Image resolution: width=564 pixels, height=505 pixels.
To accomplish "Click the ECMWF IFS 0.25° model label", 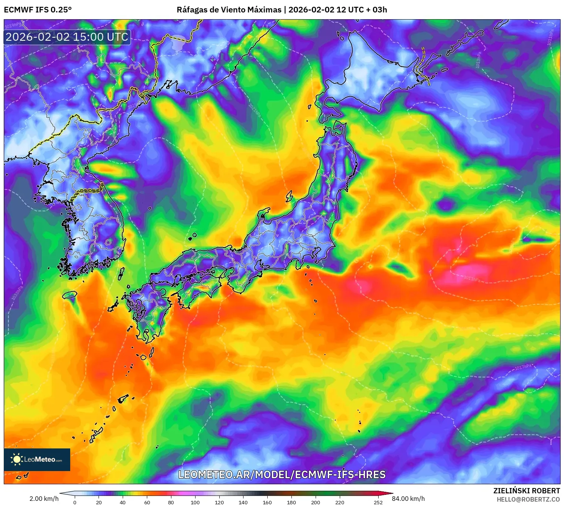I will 38,10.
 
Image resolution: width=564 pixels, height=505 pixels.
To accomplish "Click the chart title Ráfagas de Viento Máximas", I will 229,10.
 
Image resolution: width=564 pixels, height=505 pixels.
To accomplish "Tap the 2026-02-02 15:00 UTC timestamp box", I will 67,37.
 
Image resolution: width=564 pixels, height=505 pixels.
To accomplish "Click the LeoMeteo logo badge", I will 37,459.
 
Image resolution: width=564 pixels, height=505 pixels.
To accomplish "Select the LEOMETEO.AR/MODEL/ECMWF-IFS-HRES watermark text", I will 282,474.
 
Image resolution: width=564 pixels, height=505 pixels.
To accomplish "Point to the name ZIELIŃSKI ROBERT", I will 527,491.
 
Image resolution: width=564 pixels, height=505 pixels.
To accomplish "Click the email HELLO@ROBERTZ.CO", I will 528,499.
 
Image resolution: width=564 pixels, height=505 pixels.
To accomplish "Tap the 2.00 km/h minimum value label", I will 44,499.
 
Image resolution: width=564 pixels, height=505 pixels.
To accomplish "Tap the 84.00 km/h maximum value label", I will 408,499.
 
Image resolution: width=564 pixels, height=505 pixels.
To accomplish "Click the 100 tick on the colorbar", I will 195,502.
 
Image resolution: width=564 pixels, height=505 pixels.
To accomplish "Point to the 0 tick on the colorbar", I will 75,502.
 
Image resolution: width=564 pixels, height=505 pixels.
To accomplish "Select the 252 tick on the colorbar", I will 378,502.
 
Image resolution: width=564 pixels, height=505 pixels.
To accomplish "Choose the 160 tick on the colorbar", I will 267,502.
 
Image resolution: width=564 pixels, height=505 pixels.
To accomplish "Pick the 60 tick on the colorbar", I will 147,502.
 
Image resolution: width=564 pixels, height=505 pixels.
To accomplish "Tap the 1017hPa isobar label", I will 524,367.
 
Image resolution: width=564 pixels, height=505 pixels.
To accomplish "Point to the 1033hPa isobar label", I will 17,293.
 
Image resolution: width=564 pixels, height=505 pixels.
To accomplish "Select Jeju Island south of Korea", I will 70,295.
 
